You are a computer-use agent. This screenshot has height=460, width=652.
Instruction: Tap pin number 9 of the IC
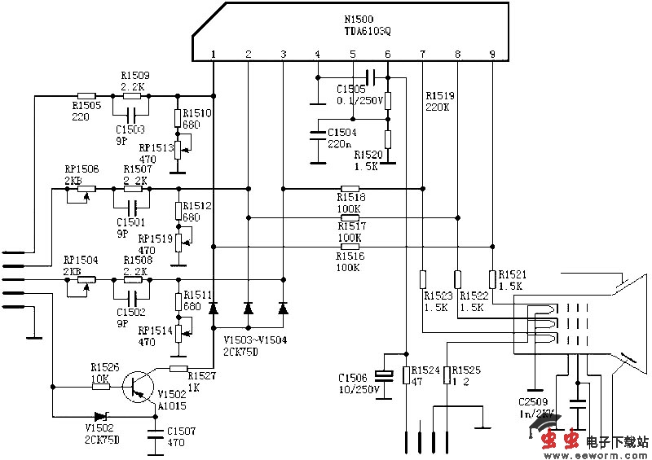491,55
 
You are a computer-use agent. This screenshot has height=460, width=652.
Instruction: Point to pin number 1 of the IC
213,55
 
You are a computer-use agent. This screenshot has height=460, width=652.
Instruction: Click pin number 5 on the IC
352,55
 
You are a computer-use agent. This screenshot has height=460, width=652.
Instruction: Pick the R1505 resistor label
86,105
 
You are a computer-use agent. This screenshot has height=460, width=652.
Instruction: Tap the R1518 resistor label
350,197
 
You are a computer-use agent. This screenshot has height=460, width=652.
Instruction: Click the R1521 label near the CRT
512,275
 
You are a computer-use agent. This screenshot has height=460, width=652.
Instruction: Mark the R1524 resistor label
425,370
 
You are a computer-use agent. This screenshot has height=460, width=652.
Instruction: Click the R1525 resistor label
466,370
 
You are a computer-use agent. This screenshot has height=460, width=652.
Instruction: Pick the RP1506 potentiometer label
81,169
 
